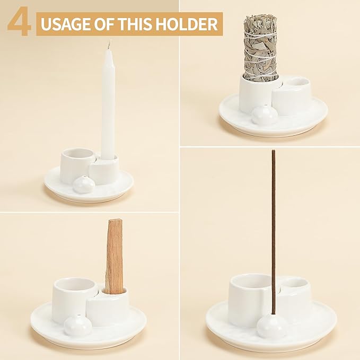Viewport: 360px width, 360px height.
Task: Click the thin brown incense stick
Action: (274, 223)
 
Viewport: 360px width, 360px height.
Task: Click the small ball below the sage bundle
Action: (262, 115)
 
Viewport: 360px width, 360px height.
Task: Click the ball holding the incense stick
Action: (272, 327)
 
